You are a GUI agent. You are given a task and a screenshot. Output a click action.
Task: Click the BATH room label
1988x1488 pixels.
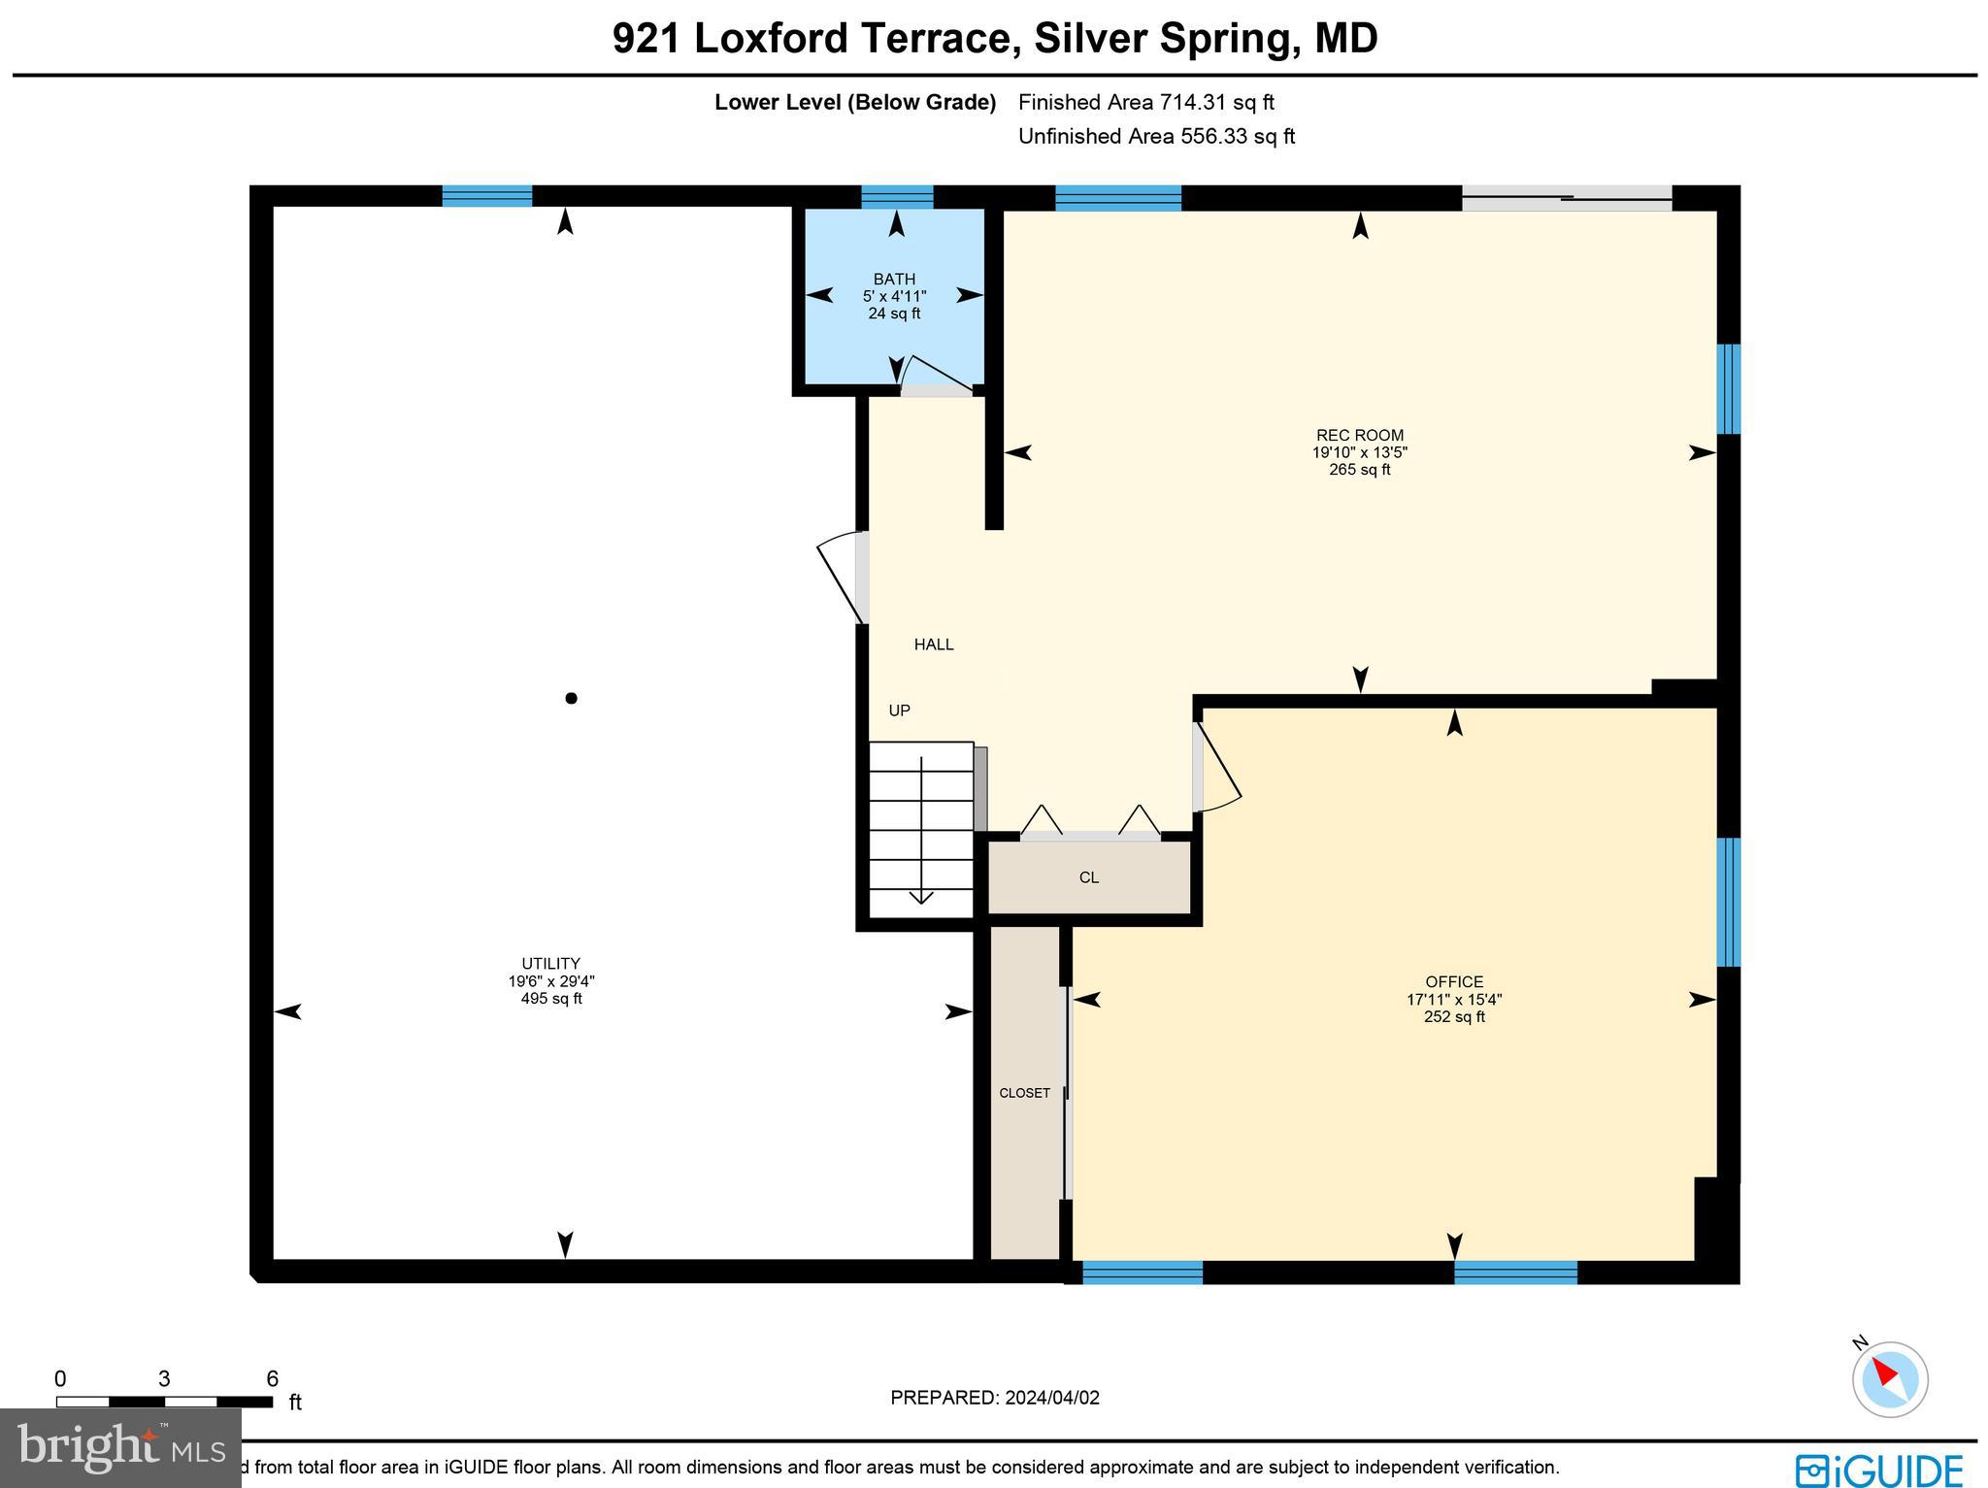coord(894,280)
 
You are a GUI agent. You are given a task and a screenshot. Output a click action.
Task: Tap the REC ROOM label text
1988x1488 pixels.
coord(1359,436)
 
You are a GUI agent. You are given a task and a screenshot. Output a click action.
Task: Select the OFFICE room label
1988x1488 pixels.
coord(1453,981)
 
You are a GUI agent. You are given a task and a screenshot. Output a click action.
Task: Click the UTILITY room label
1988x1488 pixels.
coord(550,964)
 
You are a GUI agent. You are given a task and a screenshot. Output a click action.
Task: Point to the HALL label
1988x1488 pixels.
coord(934,645)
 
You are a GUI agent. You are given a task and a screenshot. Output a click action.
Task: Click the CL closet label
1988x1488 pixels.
coord(1088,877)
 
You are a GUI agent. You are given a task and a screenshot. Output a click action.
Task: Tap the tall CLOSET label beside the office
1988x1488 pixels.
coord(1024,1093)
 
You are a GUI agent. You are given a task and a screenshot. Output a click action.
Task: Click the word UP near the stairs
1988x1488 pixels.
coord(899,711)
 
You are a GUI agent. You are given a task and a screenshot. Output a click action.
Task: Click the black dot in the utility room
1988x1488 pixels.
coord(571,698)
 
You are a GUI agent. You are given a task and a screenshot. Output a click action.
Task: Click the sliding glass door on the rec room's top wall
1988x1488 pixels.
coord(1567,198)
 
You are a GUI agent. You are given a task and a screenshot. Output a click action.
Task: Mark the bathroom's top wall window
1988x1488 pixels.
coord(897,197)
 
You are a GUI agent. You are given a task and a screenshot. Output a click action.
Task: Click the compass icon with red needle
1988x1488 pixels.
coord(1889,1378)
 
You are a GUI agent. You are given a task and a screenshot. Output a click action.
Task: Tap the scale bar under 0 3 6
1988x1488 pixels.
coord(164,1402)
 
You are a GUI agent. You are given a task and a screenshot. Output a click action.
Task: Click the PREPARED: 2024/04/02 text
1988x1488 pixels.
coord(995,1398)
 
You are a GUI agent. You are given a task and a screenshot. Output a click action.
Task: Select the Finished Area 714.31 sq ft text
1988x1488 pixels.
coord(1145,102)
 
